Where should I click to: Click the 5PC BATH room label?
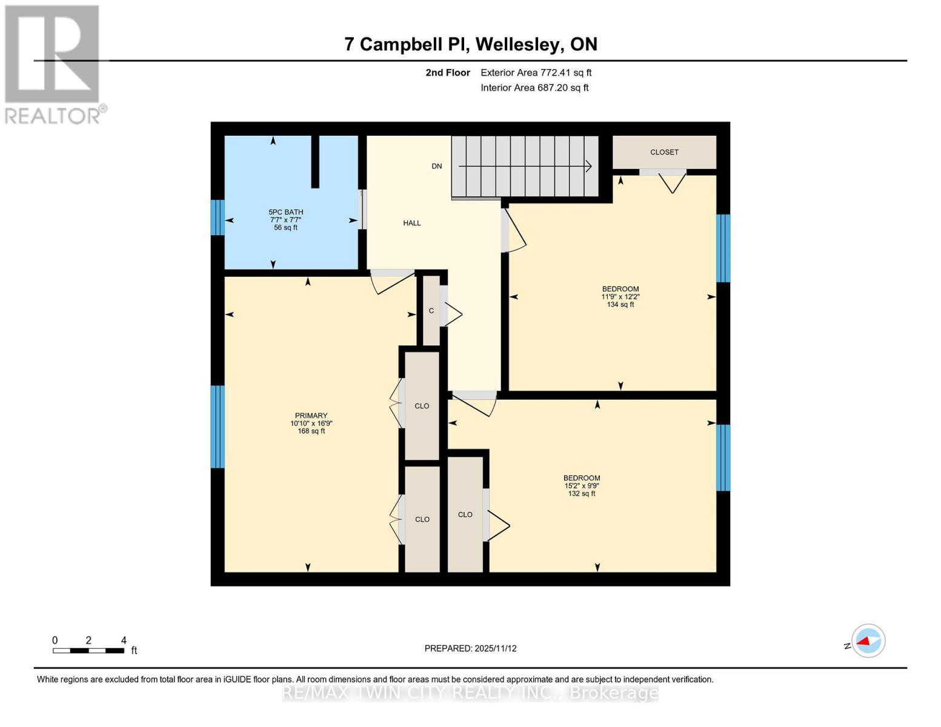click(285, 212)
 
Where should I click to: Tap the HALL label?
click(412, 223)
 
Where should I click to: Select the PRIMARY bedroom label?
click(311, 416)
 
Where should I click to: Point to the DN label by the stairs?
click(436, 166)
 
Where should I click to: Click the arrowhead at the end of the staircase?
click(588, 166)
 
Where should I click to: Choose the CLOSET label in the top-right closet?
click(664, 152)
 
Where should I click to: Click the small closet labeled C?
click(431, 311)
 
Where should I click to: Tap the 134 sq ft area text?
click(620, 304)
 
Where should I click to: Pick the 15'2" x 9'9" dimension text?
click(582, 486)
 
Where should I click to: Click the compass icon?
click(868, 641)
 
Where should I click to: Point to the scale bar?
click(89, 651)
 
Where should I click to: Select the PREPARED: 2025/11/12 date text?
click(470, 649)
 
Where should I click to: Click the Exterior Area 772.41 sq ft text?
click(536, 73)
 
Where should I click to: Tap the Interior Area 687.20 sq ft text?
click(534, 88)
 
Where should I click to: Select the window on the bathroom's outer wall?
click(218, 217)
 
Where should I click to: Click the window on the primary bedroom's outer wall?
click(218, 427)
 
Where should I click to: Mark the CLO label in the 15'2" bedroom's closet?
click(465, 514)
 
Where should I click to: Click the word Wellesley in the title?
click(520, 45)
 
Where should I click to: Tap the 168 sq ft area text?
click(311, 431)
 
